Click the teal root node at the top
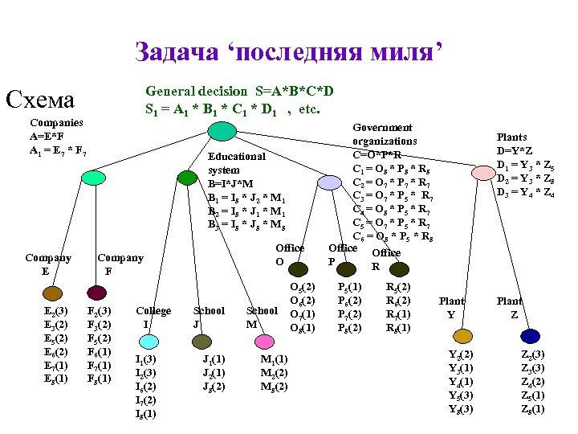coord(214,129)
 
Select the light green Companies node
coord(94,178)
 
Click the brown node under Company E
coord(51,293)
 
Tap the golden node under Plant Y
coord(462,335)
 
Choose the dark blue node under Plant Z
coord(529,335)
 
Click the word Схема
coord(40,100)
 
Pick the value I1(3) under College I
coord(145,359)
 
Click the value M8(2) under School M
coord(274,387)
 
